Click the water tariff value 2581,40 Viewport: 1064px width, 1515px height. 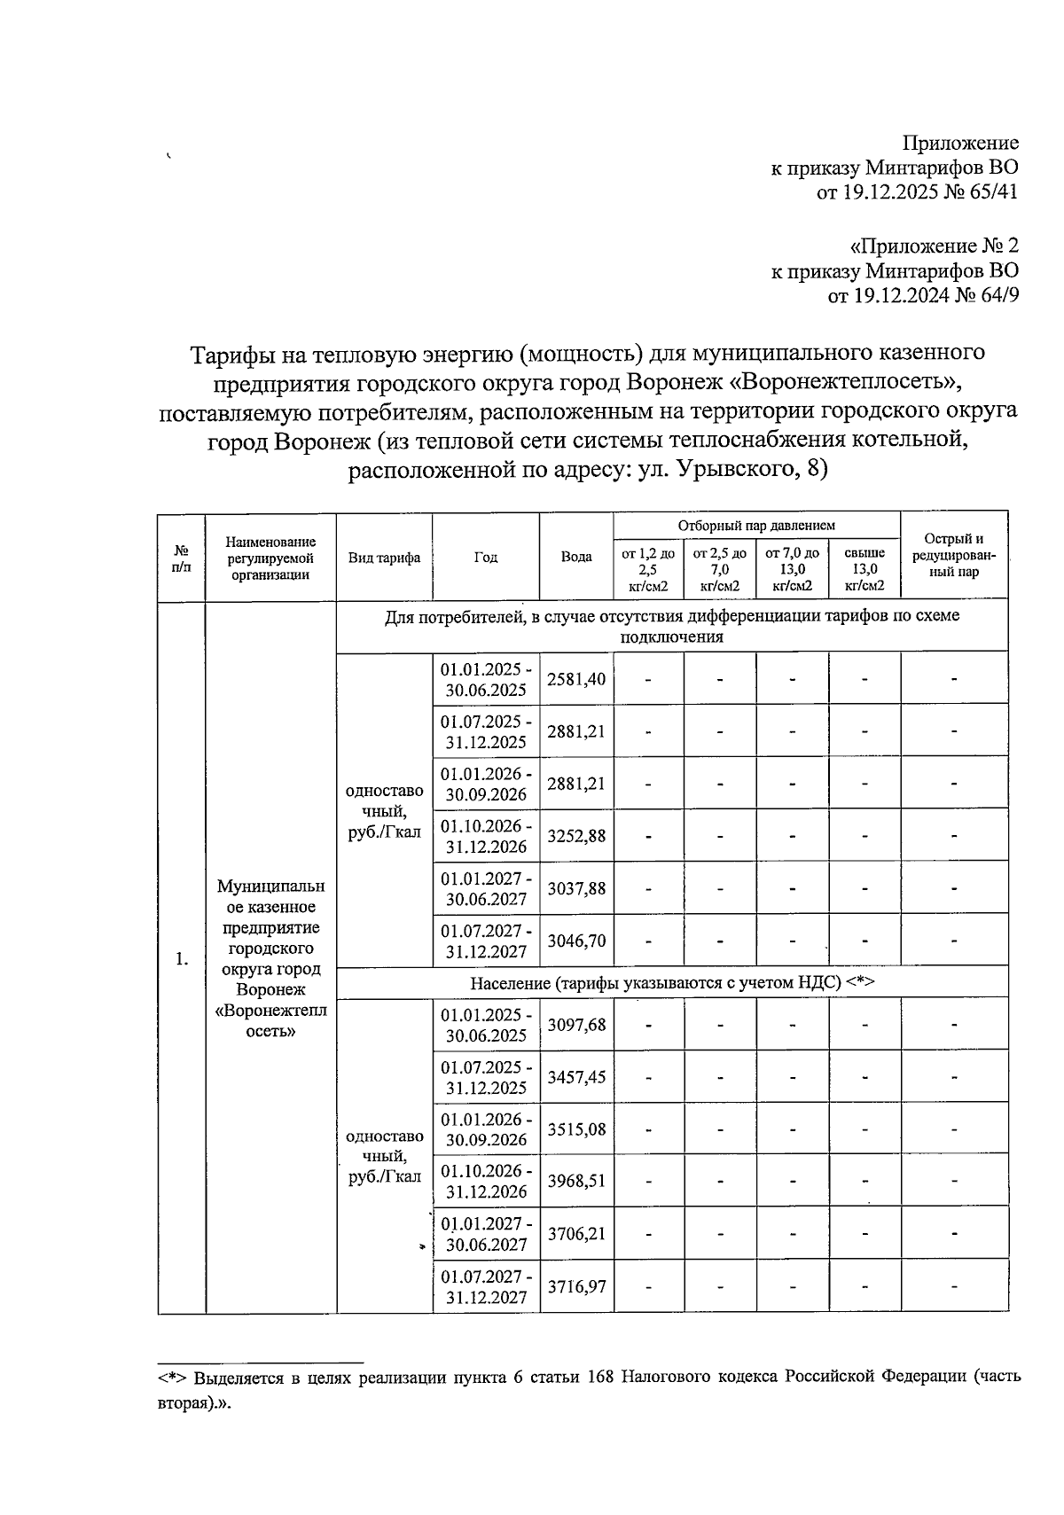pyautogui.click(x=576, y=680)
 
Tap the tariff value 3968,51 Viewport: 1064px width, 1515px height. pyautogui.click(x=576, y=1181)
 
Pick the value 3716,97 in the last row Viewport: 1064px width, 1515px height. pyautogui.click(x=576, y=1285)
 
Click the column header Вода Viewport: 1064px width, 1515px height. pyautogui.click(x=576, y=558)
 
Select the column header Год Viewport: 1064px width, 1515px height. pyautogui.click(x=486, y=558)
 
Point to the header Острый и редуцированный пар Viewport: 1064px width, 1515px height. pyautogui.click(x=953, y=556)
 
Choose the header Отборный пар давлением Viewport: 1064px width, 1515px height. pyautogui.click(x=756, y=526)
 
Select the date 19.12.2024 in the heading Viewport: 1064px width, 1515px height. pyautogui.click(x=900, y=295)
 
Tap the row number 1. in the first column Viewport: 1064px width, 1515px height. pyautogui.click(x=182, y=959)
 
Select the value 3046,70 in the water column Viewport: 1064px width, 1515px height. pyautogui.click(x=576, y=941)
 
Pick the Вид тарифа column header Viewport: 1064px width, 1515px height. pyautogui.click(x=384, y=558)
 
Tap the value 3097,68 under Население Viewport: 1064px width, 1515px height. pyautogui.click(x=576, y=1025)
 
